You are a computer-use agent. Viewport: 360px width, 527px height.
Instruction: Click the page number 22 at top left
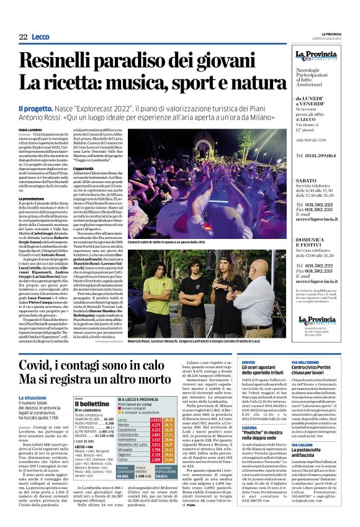click(22, 37)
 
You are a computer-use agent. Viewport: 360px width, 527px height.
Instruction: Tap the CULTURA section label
click(250, 428)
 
